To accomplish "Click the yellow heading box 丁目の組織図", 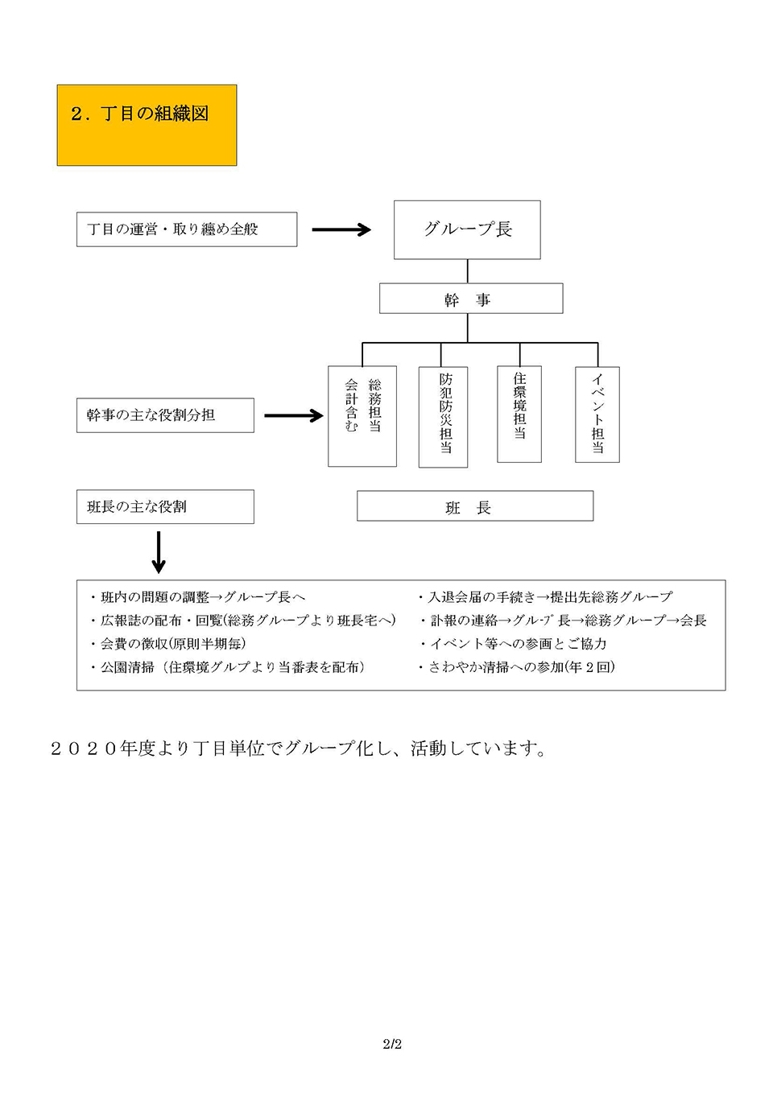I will tap(147, 125).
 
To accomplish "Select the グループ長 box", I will tap(467, 229).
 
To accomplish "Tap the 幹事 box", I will tap(471, 299).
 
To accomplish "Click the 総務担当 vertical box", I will tap(362, 416).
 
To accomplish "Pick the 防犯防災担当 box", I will tap(443, 417).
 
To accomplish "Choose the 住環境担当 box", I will tap(519, 415).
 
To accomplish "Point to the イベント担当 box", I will tap(597, 415).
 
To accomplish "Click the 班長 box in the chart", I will tap(475, 506).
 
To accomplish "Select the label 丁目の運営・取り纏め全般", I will tap(187, 229).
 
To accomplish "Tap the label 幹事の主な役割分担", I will tap(165, 415).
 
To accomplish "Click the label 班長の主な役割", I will tap(165, 507).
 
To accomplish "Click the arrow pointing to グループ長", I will tap(341, 230).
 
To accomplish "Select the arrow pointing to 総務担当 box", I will tap(293, 416).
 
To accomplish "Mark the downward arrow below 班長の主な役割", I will tap(159, 552).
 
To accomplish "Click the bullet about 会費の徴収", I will tap(169, 644).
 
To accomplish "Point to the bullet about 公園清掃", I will tap(229, 667).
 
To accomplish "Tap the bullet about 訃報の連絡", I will tap(564, 621).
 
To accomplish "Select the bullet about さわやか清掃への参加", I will tap(518, 667).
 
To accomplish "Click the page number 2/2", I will tap(392, 1044).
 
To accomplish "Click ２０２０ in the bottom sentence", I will tap(84, 749).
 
